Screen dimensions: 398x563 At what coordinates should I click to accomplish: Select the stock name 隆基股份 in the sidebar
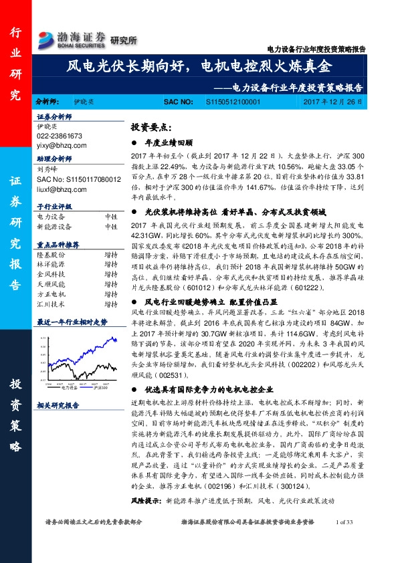pyautogui.click(x=50, y=254)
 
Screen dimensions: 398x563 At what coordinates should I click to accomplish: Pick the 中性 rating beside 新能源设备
pyautogui.click(x=110, y=227)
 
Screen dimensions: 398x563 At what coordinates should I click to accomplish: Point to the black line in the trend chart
pyautogui.click(x=100, y=364)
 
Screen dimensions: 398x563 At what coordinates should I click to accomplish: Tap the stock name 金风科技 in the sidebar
pyautogui.click(x=50, y=273)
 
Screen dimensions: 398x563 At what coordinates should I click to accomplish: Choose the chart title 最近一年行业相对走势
pyautogui.click(x=72, y=322)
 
